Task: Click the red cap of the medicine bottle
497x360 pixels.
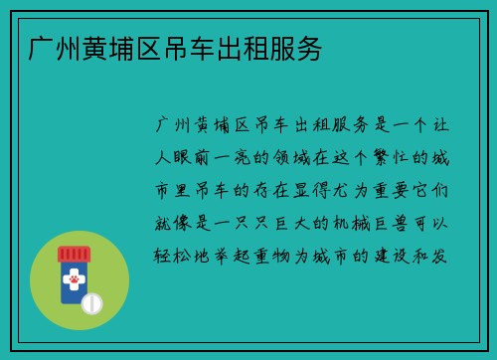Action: coord(75,254)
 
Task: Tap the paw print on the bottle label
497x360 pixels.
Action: coord(74,281)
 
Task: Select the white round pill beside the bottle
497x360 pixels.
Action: coord(92,301)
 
